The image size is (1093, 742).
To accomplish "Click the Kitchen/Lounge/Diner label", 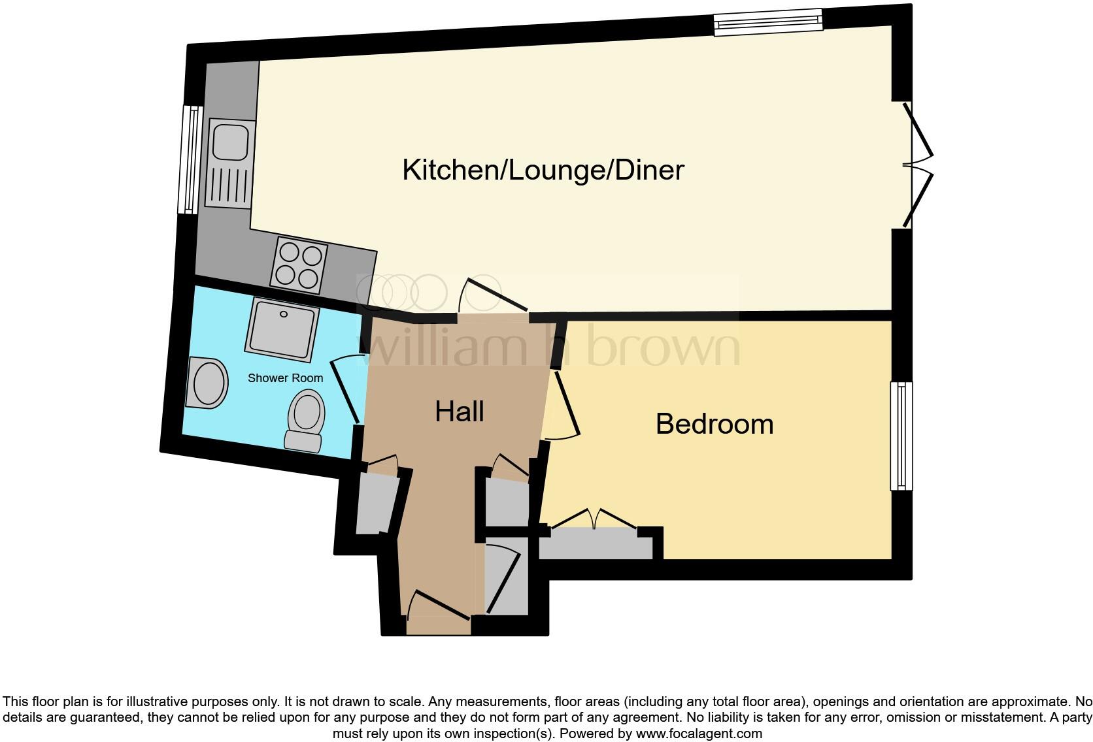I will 543,170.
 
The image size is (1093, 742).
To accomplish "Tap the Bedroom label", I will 715,424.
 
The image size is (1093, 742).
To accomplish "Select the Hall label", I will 460,411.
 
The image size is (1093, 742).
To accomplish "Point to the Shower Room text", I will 285,378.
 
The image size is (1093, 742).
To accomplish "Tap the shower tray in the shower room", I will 283,329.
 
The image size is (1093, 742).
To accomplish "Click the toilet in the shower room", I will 306,421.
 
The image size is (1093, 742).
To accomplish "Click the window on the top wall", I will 767,23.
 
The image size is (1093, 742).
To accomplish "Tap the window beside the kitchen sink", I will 191,160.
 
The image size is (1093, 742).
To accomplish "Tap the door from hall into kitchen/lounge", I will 494,298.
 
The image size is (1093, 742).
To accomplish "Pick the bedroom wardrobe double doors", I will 594,519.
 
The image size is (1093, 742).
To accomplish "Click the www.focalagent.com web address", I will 699,734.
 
